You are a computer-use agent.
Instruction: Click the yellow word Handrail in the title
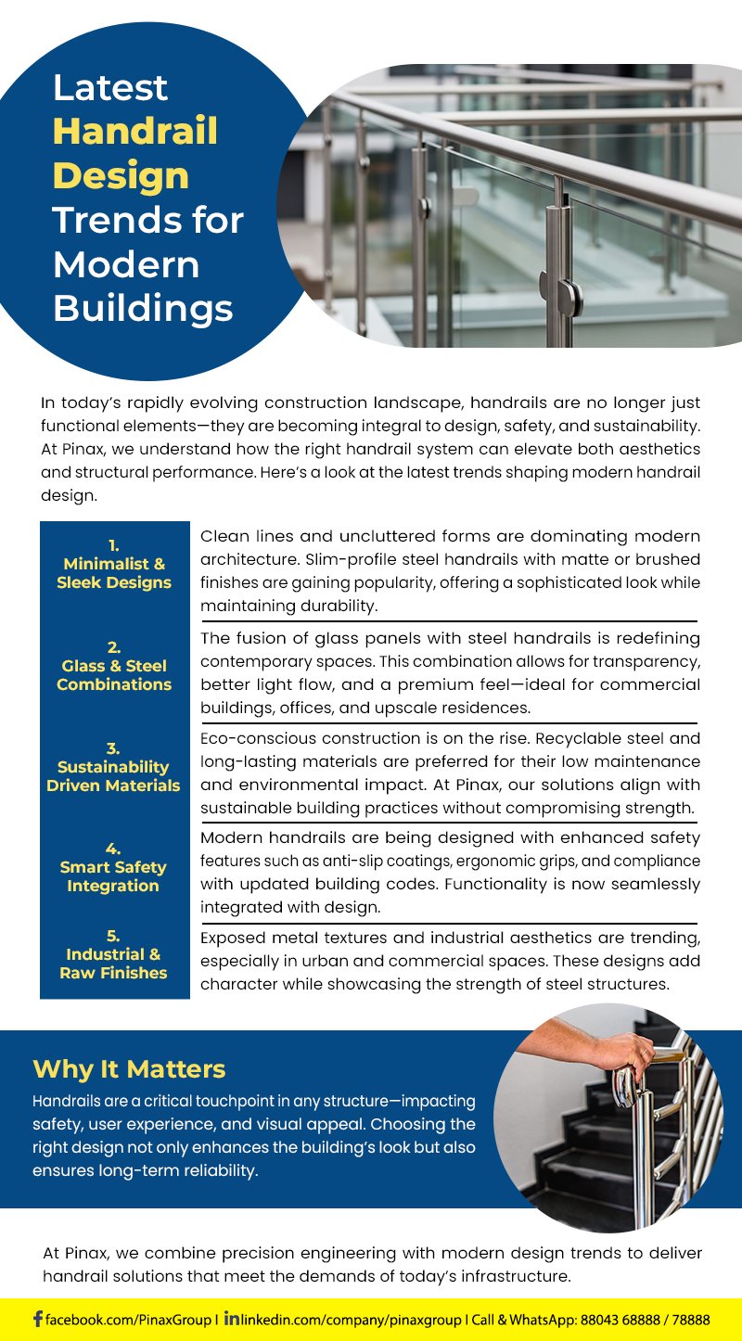(x=135, y=132)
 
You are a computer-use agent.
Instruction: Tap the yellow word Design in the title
(x=121, y=175)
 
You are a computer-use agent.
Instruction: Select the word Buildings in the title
(x=143, y=308)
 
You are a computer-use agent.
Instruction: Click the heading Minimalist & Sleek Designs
(x=114, y=573)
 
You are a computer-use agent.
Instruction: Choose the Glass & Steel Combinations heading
(x=114, y=675)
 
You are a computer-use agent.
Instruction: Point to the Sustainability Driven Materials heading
(x=113, y=776)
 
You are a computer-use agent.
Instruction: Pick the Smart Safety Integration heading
(x=113, y=876)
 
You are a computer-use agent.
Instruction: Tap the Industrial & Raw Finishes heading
(x=113, y=964)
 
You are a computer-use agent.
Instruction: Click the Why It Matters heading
(x=129, y=1069)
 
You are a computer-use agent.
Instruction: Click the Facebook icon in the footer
(x=38, y=1319)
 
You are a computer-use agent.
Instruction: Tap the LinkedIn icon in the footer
(x=232, y=1318)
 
